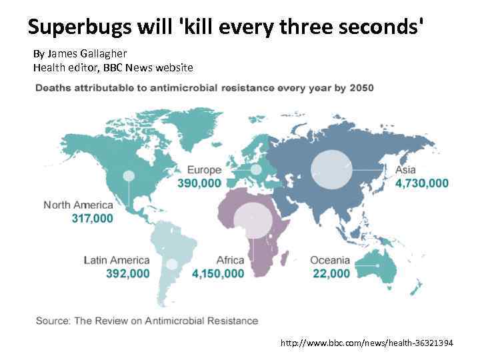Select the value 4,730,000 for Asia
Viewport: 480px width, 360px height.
point(421,183)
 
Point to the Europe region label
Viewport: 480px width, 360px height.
point(204,170)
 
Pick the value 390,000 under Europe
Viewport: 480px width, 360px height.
point(199,183)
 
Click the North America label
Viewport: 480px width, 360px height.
point(78,205)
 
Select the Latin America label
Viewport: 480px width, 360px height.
point(117,260)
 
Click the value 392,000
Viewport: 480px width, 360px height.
point(127,273)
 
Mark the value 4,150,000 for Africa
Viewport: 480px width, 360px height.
point(217,273)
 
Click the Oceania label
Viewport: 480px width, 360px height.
point(330,260)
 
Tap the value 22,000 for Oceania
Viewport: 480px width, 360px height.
point(330,273)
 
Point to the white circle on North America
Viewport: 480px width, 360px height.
point(129,176)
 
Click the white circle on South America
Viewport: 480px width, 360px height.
point(172,264)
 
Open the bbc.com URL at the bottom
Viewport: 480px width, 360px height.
point(366,343)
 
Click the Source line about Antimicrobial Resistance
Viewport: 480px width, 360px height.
point(147,321)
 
